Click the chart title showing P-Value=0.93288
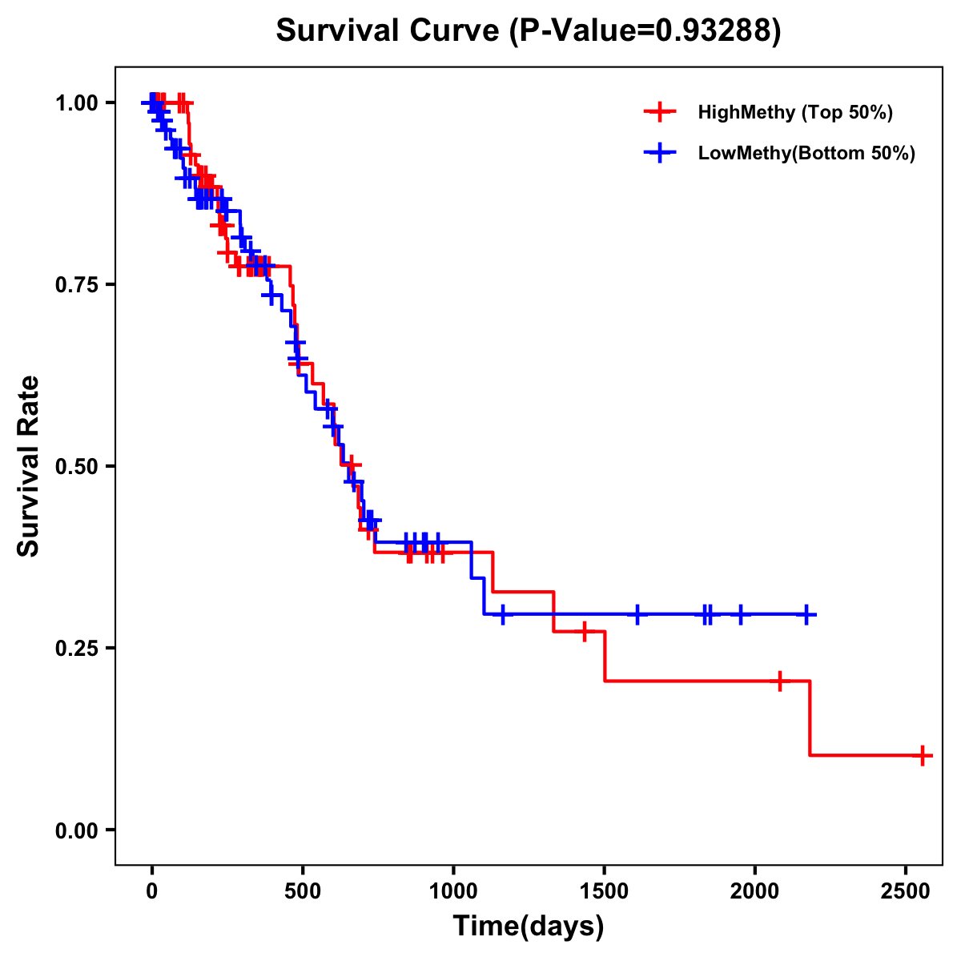tap(528, 30)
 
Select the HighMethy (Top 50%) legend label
tap(795, 112)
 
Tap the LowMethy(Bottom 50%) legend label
tap(806, 153)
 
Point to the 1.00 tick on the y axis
tap(77, 103)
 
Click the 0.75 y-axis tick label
tap(77, 284)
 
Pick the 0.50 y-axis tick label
tap(77, 466)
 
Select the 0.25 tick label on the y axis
tap(77, 648)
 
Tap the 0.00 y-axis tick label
tap(77, 830)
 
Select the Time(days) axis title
tap(528, 927)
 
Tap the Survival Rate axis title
tap(30, 466)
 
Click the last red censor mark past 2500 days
tap(923, 755)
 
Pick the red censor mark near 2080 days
tap(779, 681)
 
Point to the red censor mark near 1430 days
tap(584, 631)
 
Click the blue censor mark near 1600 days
tap(637, 614)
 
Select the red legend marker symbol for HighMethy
tap(660, 112)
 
